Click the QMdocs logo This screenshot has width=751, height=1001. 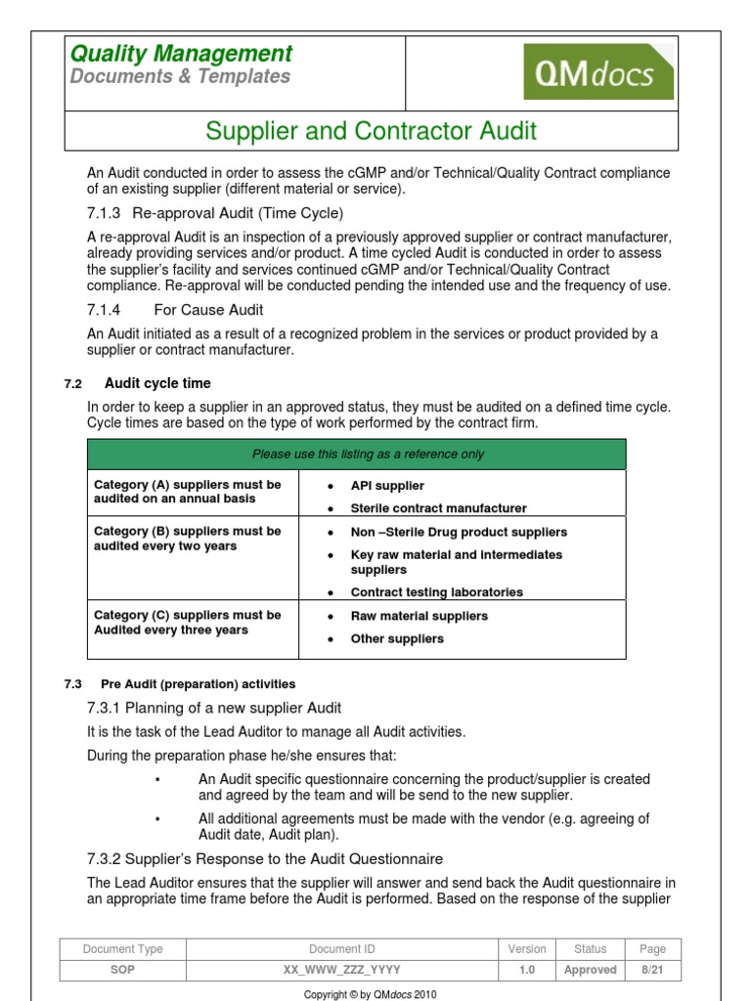[x=598, y=71]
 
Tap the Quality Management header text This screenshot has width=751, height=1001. [x=181, y=54]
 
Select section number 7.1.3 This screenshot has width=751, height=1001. [x=104, y=213]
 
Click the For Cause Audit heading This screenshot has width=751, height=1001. [x=208, y=310]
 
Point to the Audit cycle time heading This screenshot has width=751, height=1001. [x=157, y=383]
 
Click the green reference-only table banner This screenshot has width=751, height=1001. [x=356, y=455]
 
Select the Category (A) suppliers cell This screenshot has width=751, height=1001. [x=188, y=492]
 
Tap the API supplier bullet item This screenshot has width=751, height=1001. [x=387, y=486]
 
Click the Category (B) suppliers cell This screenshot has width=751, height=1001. [x=188, y=539]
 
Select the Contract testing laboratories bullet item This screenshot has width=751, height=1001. [x=436, y=592]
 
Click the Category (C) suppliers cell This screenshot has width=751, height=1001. [x=188, y=623]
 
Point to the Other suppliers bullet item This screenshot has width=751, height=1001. [x=397, y=639]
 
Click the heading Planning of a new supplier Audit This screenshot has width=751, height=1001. [x=214, y=708]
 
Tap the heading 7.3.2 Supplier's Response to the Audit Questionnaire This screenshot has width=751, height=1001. [x=265, y=859]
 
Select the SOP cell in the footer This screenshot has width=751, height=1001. [x=122, y=970]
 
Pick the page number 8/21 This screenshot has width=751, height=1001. [x=652, y=970]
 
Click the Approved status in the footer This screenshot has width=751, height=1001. [x=591, y=970]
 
